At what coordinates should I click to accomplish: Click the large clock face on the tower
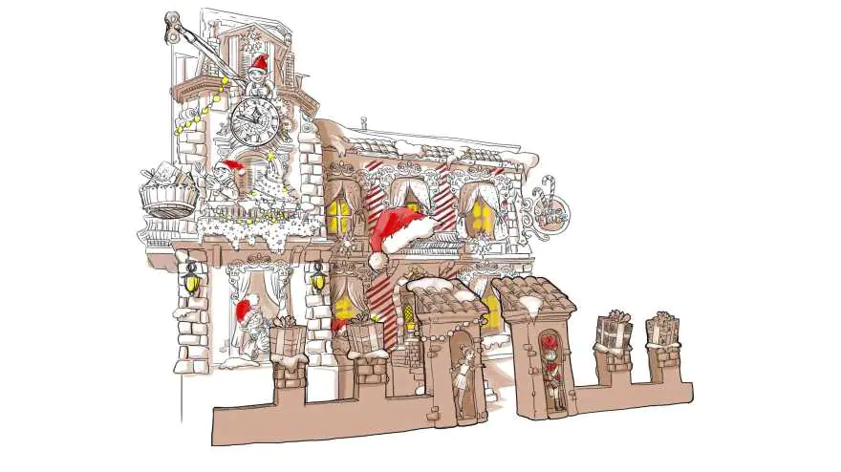tap(254, 119)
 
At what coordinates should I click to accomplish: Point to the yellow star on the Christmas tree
tap(270, 152)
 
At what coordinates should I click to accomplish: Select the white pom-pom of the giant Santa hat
tap(377, 259)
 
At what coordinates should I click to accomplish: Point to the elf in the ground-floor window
tap(250, 330)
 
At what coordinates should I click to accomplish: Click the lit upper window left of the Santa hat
tap(340, 215)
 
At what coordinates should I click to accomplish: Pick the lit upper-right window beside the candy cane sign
tap(481, 212)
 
